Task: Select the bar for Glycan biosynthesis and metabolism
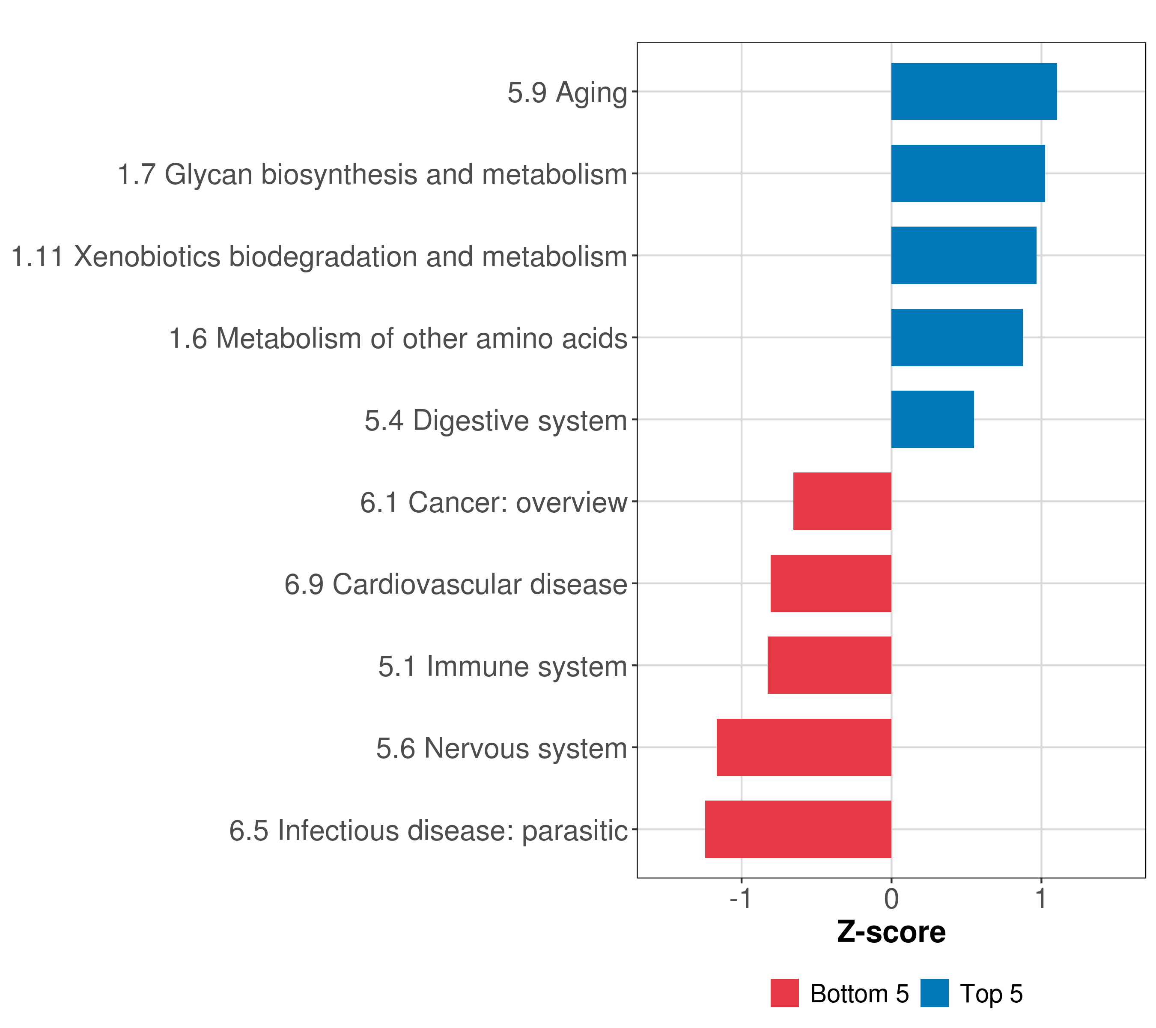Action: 968,174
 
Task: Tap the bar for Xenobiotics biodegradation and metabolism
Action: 964,256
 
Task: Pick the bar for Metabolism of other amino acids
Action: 957,338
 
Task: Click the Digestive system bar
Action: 933,419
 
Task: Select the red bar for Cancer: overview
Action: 842,501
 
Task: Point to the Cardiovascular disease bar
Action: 831,583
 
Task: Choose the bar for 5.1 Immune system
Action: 829,665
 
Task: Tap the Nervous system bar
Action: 804,747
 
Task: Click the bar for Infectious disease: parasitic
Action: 798,829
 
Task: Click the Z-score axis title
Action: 891,932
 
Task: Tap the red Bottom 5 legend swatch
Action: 784,993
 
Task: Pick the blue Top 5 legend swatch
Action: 934,993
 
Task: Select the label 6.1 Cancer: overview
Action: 494,502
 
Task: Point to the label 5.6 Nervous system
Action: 502,748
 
